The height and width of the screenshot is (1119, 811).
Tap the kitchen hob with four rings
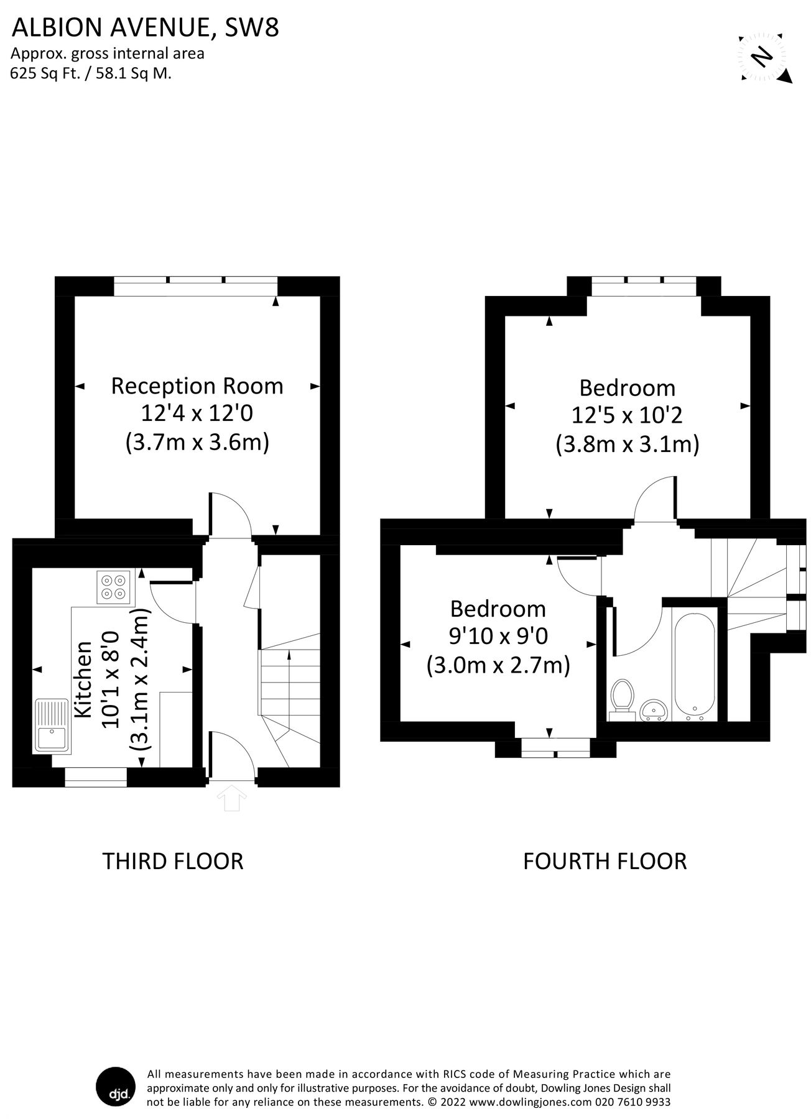tap(114, 587)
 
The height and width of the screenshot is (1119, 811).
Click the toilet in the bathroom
tap(621, 699)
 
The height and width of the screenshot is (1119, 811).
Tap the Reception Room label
tap(197, 386)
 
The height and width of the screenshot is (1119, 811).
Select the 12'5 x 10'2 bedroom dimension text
tap(627, 415)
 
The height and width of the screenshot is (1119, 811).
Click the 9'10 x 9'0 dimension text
tap(498, 636)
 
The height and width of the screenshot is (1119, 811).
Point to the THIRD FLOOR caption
tap(172, 861)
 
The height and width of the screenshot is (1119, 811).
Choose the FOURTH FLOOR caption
tap(605, 861)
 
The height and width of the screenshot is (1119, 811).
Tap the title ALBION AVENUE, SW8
tap(145, 28)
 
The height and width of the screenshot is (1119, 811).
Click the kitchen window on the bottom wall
tap(96, 777)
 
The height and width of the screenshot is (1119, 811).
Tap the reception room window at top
tap(196, 285)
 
